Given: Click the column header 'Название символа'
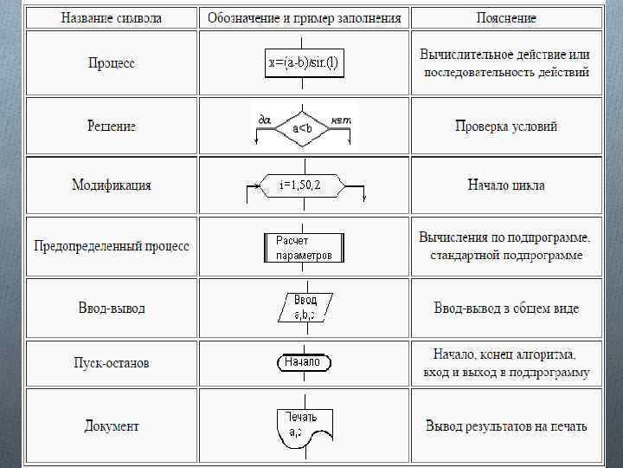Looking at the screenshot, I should click(112, 17).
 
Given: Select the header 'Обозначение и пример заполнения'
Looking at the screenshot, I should click(304, 17).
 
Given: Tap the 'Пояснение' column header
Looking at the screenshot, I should click(506, 17).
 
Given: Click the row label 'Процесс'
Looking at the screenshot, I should click(112, 63).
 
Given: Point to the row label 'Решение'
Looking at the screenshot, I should click(112, 126).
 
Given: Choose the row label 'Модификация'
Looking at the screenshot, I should click(112, 185).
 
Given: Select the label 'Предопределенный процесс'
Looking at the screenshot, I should click(112, 246).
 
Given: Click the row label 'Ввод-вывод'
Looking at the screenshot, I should click(112, 309).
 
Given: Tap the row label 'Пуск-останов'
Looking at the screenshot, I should click(112, 363).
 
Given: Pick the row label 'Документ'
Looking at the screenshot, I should click(112, 426).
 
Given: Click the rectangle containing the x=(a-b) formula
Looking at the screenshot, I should click(304, 62).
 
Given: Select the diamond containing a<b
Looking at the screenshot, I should click(303, 129).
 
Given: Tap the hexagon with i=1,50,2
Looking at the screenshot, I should click(301, 185).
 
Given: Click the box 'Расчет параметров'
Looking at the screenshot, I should click(304, 248).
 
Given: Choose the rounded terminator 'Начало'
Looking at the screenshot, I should click(303, 362).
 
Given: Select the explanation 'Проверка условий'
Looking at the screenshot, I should click(506, 127).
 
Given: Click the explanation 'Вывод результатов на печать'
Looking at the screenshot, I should click(506, 426).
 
